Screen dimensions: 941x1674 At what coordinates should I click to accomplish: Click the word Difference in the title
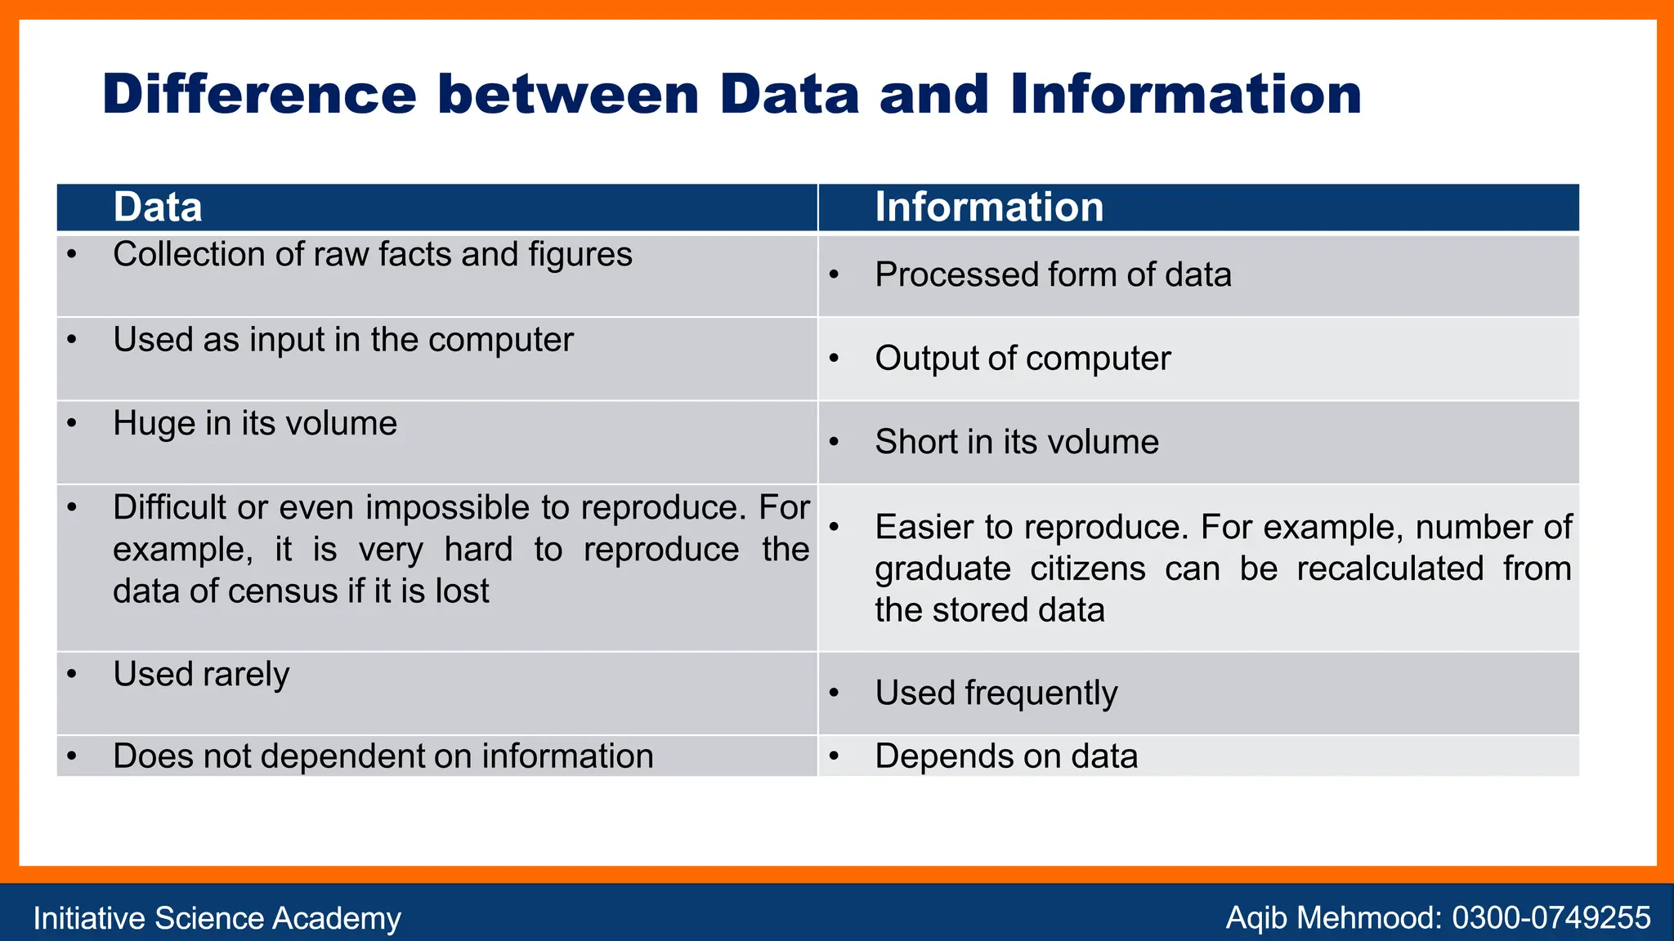(x=259, y=95)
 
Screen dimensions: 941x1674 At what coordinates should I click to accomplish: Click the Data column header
(x=158, y=207)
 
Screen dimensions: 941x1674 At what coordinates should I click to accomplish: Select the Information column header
(x=989, y=207)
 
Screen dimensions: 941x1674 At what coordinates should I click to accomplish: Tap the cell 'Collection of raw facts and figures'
(x=372, y=255)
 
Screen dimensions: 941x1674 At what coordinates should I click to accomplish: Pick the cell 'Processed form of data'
(x=1053, y=275)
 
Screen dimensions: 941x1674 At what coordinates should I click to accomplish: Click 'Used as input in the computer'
(x=343, y=340)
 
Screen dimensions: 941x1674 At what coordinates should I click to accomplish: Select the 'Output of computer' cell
(x=1023, y=359)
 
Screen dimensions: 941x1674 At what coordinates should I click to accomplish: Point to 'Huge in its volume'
(x=255, y=424)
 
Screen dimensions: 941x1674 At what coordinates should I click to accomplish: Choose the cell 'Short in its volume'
(x=1017, y=443)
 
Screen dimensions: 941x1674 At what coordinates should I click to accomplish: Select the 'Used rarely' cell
(x=201, y=675)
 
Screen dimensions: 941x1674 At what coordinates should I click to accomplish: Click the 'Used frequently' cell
(x=996, y=693)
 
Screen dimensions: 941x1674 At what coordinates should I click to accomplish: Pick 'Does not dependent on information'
(x=383, y=756)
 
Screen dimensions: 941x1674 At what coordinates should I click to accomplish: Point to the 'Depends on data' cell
(x=1006, y=756)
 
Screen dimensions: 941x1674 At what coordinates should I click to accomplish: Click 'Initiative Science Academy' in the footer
(x=217, y=918)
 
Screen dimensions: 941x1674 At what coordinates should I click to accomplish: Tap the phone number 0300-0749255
(x=1551, y=918)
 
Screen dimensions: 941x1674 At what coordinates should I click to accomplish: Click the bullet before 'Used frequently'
(x=834, y=693)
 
